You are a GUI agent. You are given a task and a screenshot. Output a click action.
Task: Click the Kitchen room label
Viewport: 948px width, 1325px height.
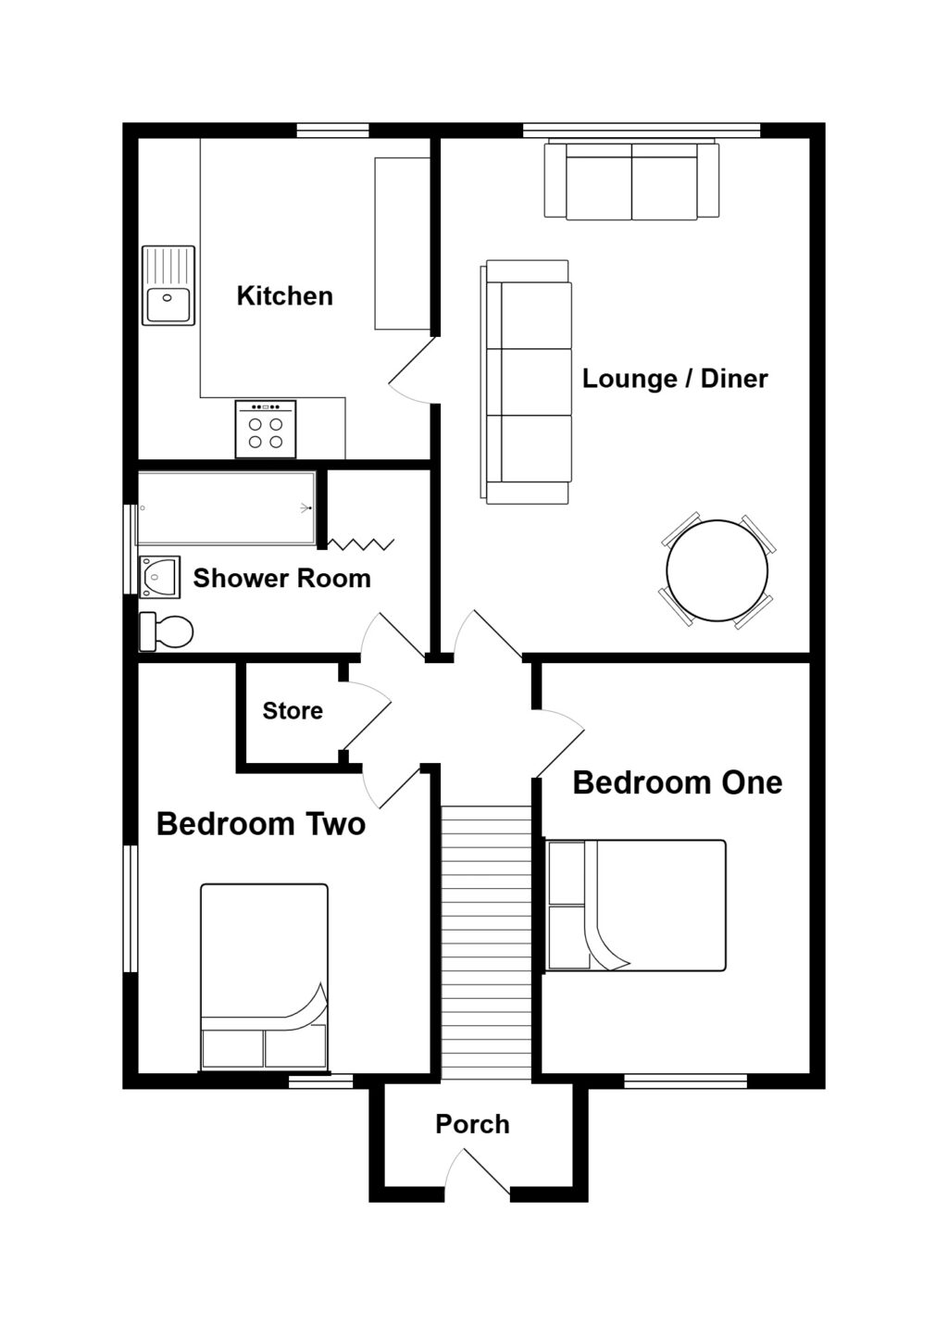[x=284, y=296]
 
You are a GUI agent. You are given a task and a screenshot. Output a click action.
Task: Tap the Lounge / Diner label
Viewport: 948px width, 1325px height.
[x=674, y=379]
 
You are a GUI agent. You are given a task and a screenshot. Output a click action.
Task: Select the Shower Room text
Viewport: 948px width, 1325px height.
[x=281, y=579]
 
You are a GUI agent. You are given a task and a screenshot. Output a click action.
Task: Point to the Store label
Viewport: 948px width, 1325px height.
[x=293, y=711]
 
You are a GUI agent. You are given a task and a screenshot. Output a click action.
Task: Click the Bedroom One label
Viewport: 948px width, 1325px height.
[x=677, y=783]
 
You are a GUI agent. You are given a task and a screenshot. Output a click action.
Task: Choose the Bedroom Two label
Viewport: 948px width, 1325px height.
[x=260, y=824]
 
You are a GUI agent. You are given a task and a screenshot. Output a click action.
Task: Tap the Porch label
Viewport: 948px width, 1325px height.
[x=472, y=1124]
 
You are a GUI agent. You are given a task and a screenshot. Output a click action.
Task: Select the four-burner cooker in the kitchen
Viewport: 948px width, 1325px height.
[x=266, y=430]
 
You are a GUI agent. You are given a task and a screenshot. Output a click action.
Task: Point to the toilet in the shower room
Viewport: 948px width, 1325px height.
[x=167, y=631]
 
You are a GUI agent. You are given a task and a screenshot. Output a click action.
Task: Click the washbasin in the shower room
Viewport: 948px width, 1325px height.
[x=159, y=577]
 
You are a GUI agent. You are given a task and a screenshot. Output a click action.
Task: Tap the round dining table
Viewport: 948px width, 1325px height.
[x=717, y=571]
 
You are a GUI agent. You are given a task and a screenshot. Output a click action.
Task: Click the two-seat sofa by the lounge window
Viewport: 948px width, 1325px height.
[x=631, y=181]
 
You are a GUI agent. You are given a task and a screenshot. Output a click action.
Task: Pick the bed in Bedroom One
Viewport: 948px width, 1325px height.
[x=636, y=905]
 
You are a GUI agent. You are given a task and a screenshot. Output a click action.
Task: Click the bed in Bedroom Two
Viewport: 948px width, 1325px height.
[x=264, y=977]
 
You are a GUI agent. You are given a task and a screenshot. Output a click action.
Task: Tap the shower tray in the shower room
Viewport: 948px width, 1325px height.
[x=227, y=508]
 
